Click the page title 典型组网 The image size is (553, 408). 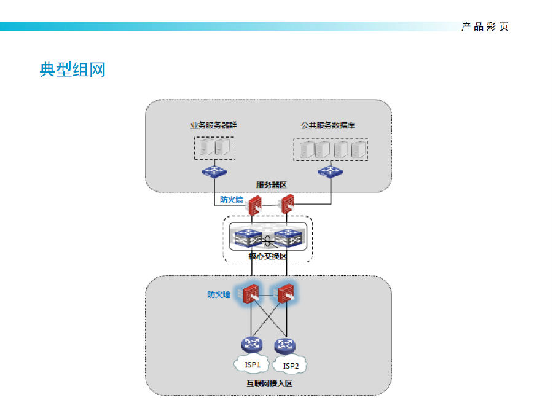73,69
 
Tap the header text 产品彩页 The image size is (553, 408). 485,27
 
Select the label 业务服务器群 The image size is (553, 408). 214,125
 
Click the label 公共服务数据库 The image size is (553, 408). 328,125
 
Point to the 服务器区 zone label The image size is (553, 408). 271,185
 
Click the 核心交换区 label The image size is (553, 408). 268,256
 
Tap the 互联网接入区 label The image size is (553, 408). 270,383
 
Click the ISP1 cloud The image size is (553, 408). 251,364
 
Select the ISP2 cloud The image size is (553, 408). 289,365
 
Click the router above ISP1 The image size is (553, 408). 252,344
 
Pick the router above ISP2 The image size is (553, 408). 285,345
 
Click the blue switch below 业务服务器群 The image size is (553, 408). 214,171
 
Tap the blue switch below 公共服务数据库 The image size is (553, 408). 330,171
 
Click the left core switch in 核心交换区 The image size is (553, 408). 248,238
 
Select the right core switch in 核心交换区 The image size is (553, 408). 288,238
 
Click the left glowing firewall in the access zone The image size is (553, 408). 251,294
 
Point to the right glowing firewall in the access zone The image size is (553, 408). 285,294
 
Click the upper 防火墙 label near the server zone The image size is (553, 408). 232,200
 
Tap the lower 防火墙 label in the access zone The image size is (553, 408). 219,294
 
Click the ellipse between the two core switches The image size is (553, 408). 268,241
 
